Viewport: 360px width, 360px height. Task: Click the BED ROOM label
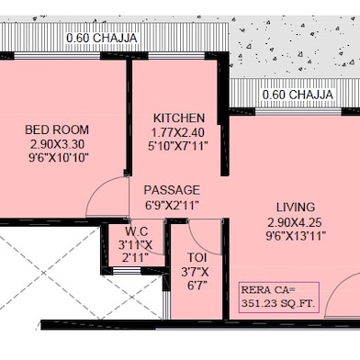click(x=57, y=129)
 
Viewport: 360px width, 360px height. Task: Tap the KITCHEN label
click(x=179, y=118)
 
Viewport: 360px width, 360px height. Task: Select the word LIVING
click(x=296, y=208)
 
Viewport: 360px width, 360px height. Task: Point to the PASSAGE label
click(x=172, y=190)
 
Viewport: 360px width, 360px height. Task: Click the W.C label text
click(x=137, y=231)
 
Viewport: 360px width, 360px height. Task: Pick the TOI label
click(x=197, y=257)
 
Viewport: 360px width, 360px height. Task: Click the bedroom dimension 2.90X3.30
click(x=57, y=144)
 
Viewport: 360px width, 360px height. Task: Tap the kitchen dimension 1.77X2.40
click(x=178, y=132)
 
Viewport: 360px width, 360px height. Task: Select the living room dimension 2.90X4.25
click(x=295, y=222)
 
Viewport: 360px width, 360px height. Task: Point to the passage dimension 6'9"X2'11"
click(x=172, y=205)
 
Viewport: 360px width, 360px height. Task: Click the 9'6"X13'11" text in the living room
click(x=296, y=236)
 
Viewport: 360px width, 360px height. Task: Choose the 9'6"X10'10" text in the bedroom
click(x=59, y=158)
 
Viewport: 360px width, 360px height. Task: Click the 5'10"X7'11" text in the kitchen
click(x=178, y=146)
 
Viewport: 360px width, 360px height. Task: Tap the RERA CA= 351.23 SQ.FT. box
click(x=279, y=298)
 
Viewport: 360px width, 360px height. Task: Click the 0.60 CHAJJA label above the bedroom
click(x=102, y=38)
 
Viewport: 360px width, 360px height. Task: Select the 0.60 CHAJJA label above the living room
click(x=298, y=94)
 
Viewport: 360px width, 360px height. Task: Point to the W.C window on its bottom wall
click(x=127, y=271)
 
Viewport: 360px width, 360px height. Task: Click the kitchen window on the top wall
click(x=176, y=56)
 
